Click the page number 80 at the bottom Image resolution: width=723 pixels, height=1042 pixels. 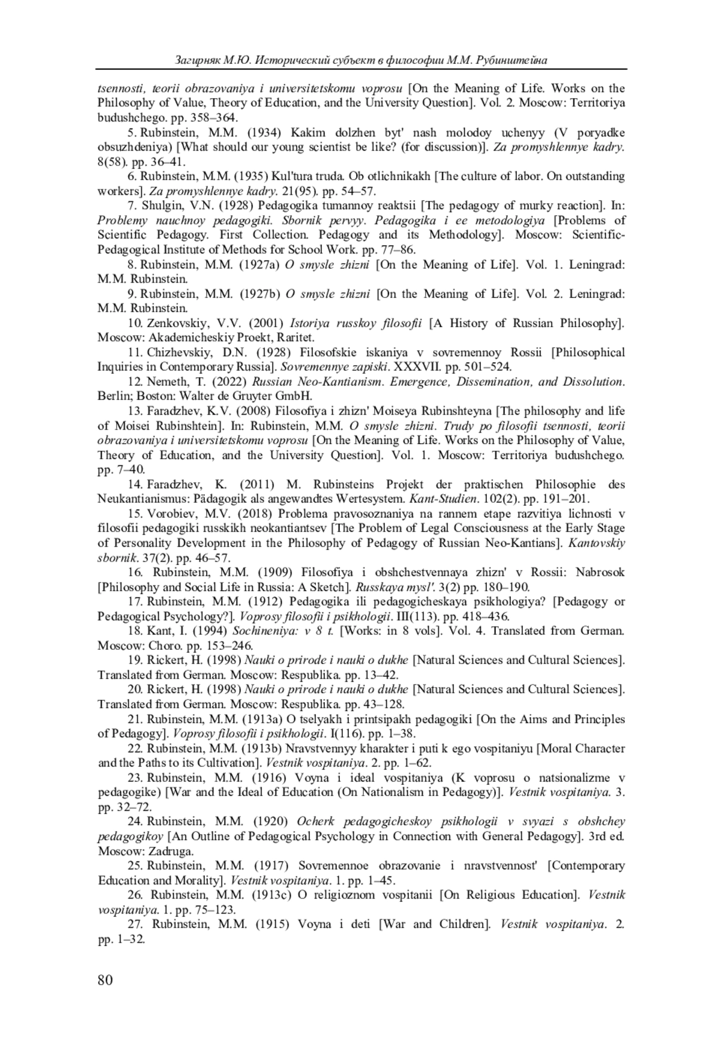[x=105, y=980]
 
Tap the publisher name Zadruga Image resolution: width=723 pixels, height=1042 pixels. [x=174, y=851]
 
